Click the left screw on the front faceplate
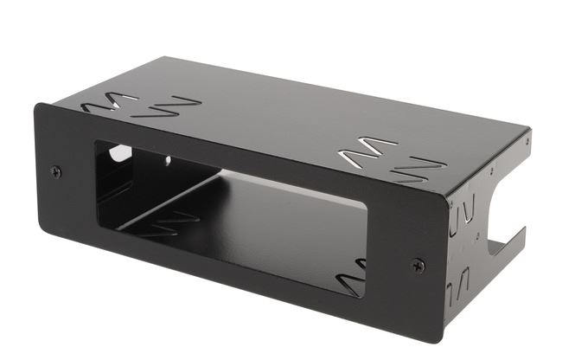(x=56, y=171)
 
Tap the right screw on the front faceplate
(x=418, y=265)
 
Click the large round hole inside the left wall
(x=119, y=154)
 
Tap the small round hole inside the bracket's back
(x=166, y=161)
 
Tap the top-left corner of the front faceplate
(x=35, y=105)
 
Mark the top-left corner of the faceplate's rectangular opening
(x=95, y=142)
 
